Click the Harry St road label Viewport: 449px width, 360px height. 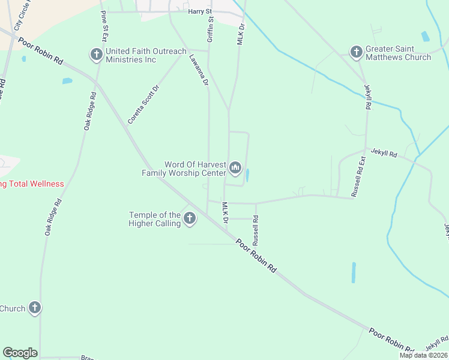(x=200, y=11)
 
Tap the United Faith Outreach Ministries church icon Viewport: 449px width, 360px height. (x=96, y=55)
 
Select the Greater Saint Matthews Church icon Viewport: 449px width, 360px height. (x=356, y=52)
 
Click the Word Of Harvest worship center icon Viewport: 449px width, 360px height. (x=235, y=167)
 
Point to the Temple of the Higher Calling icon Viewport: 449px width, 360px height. (x=190, y=218)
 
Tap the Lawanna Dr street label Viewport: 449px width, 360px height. (x=198, y=69)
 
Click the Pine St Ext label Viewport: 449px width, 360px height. (x=105, y=26)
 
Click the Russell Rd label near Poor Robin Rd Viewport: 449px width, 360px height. (x=256, y=231)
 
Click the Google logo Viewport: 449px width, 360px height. (x=20, y=353)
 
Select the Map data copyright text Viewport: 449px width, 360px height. (x=424, y=355)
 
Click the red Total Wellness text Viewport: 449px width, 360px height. (x=32, y=184)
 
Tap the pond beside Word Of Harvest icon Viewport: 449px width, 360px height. (x=248, y=175)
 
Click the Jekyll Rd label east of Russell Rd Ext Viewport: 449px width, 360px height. (x=384, y=154)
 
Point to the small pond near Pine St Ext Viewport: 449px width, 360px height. (x=67, y=80)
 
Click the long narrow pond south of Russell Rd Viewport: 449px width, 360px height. (x=354, y=272)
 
